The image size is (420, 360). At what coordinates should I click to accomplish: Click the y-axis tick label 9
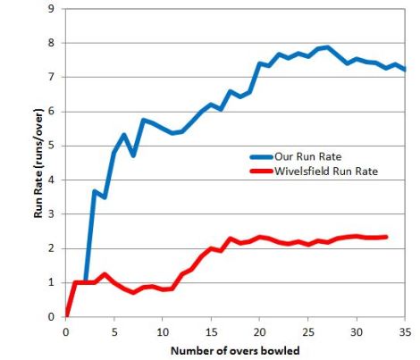51,9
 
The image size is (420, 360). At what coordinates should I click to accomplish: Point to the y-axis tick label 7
51,78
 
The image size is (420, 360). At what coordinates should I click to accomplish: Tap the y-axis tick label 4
51,180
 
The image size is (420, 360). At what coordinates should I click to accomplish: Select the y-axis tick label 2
51,248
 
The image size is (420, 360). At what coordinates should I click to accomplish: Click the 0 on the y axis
51,317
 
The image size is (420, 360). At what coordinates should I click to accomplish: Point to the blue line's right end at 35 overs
404,70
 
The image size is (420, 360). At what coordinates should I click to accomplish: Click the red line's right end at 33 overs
385,237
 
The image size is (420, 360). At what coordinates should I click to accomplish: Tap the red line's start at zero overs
67,315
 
